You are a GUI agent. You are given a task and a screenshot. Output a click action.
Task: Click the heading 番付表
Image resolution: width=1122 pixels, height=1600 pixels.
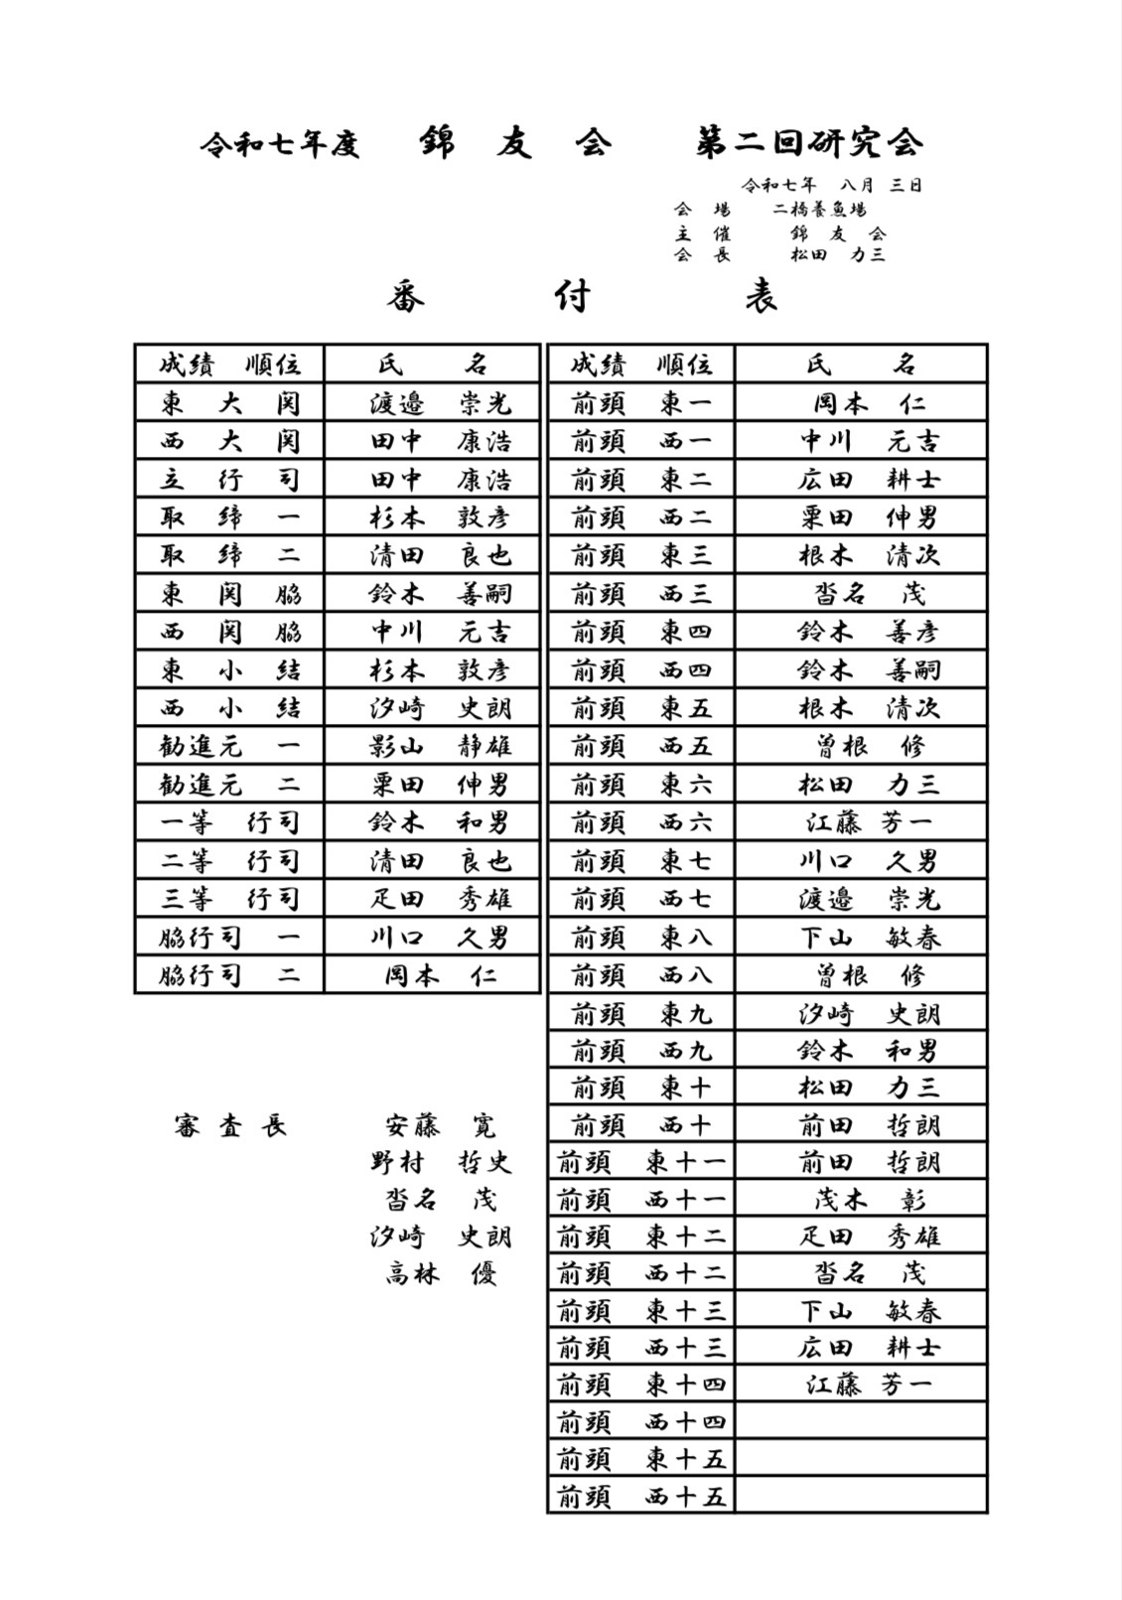click(582, 296)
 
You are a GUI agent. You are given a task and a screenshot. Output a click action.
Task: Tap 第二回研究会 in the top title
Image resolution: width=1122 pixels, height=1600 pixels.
click(809, 144)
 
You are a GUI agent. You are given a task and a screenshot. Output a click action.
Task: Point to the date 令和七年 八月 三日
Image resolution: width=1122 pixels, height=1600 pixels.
click(831, 185)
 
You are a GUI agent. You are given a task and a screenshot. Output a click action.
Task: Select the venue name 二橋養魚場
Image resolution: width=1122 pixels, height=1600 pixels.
click(820, 210)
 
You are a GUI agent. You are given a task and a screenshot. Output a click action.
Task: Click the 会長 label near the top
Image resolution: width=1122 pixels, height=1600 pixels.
click(702, 254)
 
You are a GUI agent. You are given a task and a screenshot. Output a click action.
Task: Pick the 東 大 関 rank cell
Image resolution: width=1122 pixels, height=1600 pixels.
click(229, 403)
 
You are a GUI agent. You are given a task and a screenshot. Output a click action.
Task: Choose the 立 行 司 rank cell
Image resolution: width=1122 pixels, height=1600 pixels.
click(229, 480)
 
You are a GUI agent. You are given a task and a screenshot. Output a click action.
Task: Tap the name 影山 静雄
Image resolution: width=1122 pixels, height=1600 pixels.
click(440, 746)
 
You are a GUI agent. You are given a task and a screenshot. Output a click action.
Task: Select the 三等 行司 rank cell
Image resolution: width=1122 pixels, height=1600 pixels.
click(229, 899)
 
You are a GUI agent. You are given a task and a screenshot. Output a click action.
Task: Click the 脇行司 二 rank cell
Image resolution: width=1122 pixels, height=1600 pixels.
click(229, 975)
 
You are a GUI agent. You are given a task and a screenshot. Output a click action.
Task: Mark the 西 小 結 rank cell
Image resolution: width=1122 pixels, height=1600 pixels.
click(229, 708)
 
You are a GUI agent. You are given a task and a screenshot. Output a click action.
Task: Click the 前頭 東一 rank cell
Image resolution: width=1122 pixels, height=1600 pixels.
click(641, 403)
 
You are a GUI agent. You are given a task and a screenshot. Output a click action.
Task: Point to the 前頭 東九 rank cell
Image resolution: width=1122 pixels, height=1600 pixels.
click(641, 1014)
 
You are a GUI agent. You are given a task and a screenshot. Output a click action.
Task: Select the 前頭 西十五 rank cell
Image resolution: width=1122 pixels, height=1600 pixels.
click(641, 1496)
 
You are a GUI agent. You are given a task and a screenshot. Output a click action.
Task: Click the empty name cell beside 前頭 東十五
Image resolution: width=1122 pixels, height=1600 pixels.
click(861, 1458)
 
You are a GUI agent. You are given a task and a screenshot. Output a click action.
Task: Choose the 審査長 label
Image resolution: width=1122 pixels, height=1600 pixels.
click(229, 1126)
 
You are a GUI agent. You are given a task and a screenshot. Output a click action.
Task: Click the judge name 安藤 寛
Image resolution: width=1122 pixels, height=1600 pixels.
click(440, 1126)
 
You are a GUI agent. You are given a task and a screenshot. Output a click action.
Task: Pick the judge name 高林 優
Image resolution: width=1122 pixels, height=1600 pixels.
click(440, 1273)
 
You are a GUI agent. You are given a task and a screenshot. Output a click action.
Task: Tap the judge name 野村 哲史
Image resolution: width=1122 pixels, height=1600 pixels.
click(440, 1162)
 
